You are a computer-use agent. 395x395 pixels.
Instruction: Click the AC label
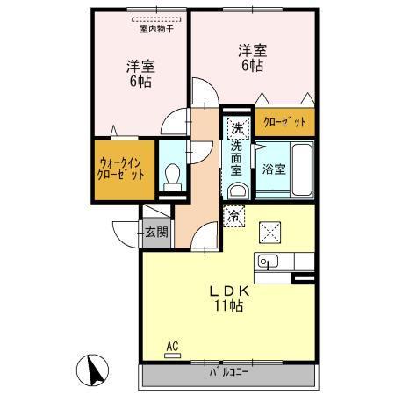[171, 347]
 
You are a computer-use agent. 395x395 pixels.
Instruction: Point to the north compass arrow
[91, 370]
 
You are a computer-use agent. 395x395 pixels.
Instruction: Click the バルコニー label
[228, 372]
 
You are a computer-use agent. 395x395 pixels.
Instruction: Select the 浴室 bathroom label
[272, 169]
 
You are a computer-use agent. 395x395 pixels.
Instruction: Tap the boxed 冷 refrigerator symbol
[235, 213]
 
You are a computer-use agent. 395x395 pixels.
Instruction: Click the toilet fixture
[173, 176]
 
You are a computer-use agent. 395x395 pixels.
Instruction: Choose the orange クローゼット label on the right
[285, 123]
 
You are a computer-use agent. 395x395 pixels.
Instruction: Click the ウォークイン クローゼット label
[121, 168]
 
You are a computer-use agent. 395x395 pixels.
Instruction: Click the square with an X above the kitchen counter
[268, 233]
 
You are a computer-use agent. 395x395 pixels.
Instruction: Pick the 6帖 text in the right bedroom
[251, 67]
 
